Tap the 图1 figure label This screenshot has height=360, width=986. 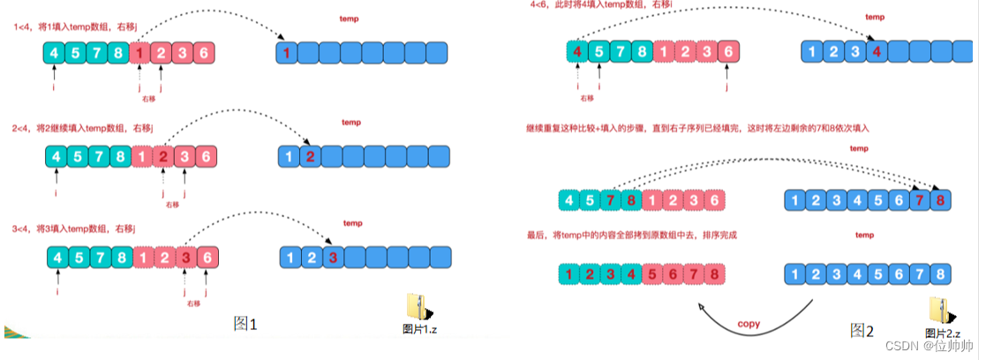[x=245, y=325]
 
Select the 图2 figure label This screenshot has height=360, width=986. [x=862, y=331]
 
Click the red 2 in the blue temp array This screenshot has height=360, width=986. [x=310, y=156]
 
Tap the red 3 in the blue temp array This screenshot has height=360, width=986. [x=331, y=258]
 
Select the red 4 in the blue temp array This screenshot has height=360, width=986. [x=877, y=51]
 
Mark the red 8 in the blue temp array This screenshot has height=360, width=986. [x=942, y=200]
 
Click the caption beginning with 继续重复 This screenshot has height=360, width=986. [x=697, y=129]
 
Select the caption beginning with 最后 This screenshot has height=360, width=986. [x=630, y=236]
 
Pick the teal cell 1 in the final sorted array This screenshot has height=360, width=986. [x=570, y=275]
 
